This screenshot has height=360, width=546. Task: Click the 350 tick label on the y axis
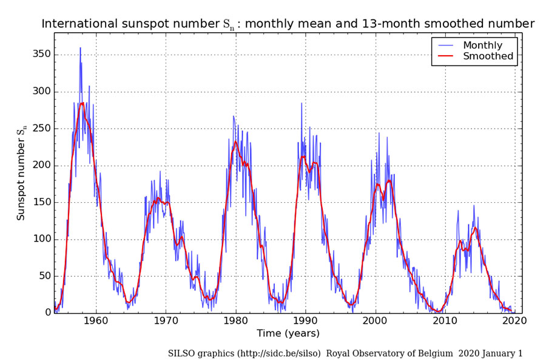coord(42,55)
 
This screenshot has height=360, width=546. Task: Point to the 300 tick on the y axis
coord(42,92)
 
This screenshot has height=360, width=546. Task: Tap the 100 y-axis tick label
coord(42,239)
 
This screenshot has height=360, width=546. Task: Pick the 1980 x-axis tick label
coord(235,322)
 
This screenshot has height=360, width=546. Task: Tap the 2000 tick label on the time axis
coord(376,322)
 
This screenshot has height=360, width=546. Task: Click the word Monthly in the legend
coord(483,46)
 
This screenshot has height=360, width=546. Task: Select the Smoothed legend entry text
coord(488,56)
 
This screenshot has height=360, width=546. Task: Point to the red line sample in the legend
coord(447,56)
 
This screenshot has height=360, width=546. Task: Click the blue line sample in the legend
coord(447,46)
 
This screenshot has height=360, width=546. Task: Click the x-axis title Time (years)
coord(288,333)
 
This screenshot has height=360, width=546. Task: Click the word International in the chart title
coord(82,24)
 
